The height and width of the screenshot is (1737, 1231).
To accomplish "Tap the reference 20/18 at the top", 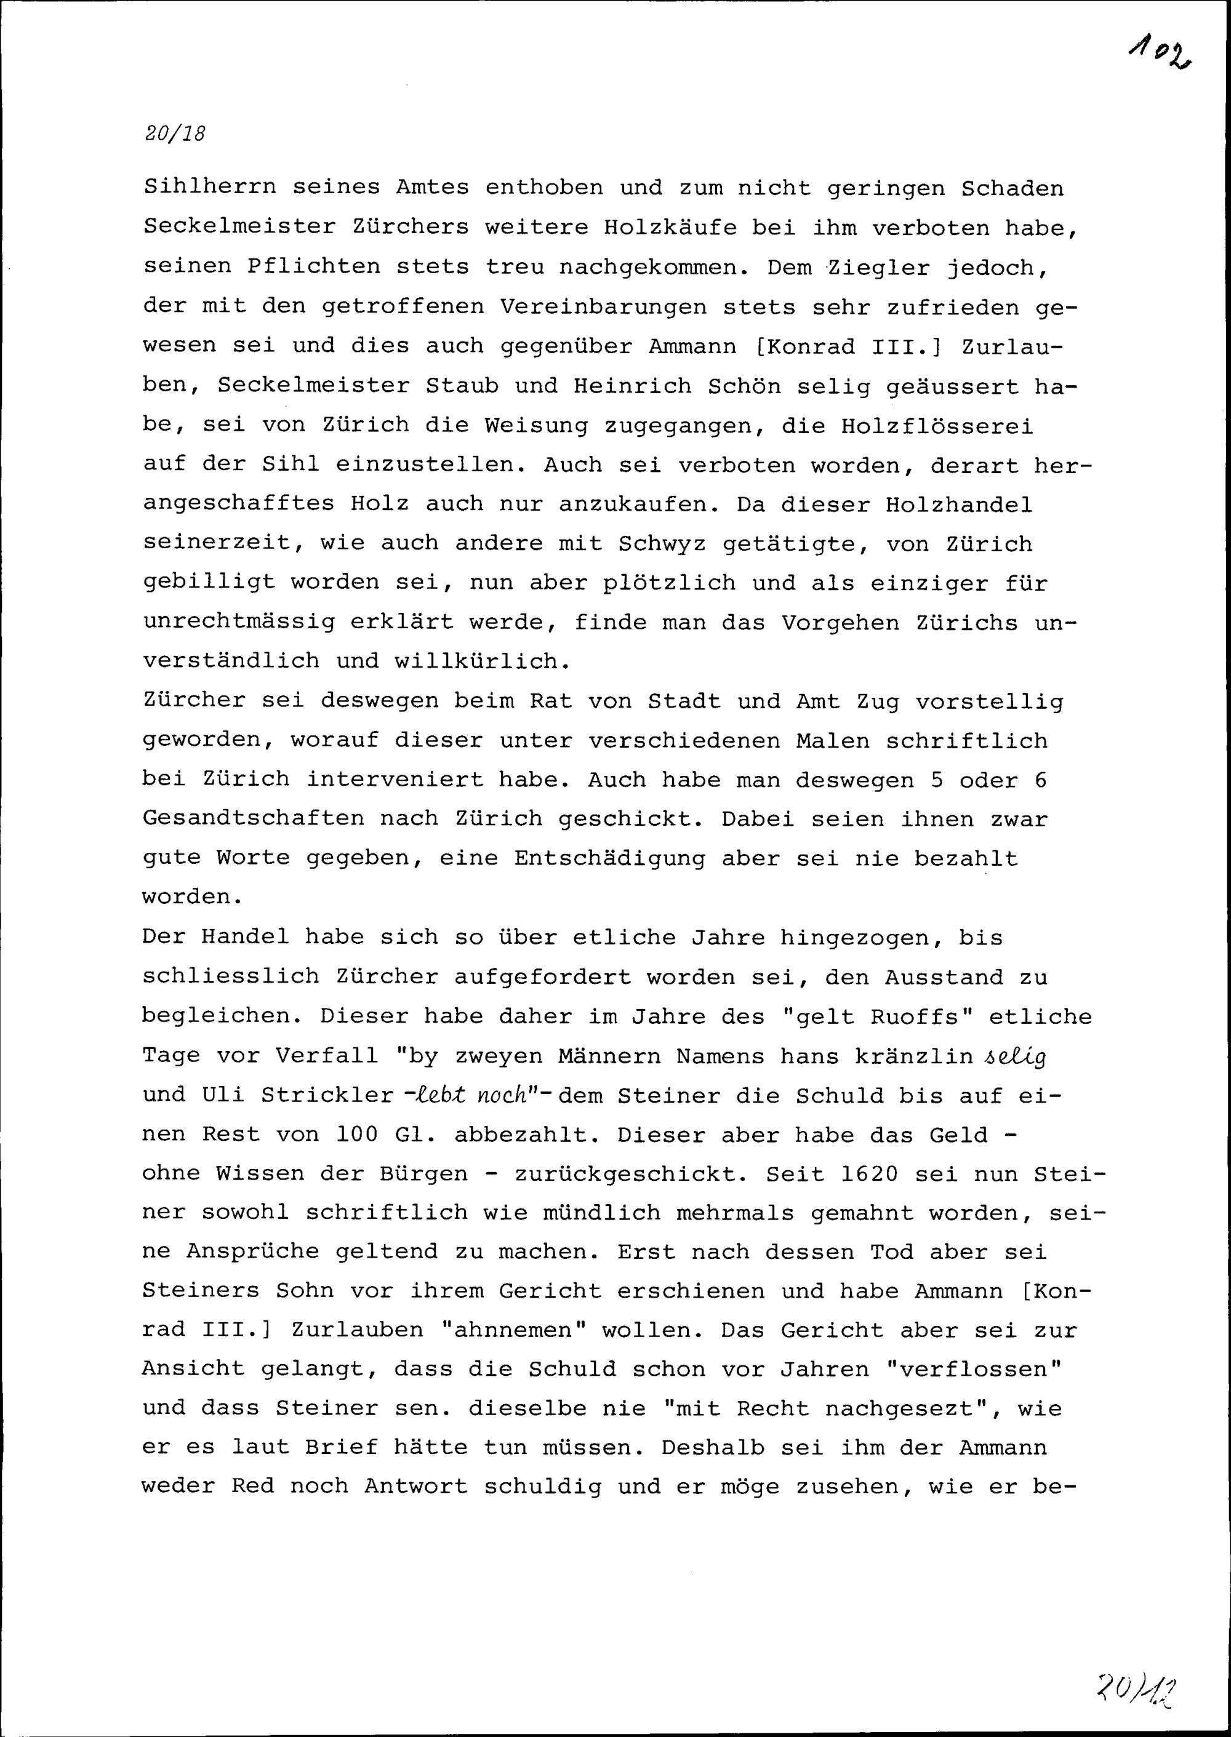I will coord(174,134).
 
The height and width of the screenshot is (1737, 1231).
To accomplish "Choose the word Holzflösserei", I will coord(937,425).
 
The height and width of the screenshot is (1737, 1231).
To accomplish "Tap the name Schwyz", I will coord(662,543).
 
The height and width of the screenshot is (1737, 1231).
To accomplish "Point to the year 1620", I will coord(870,1174).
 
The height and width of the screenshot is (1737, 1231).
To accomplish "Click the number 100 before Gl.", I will coord(358,1135).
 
